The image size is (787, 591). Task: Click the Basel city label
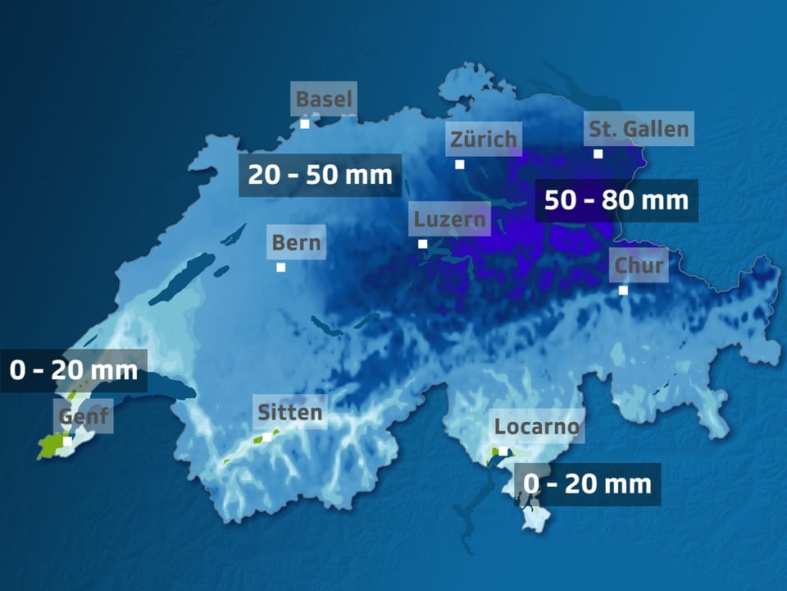click(x=324, y=100)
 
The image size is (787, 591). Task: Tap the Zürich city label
click(x=484, y=139)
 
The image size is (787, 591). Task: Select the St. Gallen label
click(x=639, y=129)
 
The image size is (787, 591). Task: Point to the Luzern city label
click(x=450, y=219)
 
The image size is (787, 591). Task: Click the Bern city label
click(x=296, y=243)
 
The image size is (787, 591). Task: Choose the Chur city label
click(x=638, y=265)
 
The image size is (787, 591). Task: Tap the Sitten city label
click(x=289, y=411)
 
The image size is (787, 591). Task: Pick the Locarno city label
click(x=537, y=427)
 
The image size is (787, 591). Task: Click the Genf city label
click(x=82, y=418)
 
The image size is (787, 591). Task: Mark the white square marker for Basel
click(x=305, y=124)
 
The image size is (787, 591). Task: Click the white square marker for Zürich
click(x=460, y=164)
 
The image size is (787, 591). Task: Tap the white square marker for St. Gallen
click(x=598, y=153)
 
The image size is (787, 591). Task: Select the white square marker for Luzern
click(x=423, y=244)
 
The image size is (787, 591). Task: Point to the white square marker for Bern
click(x=281, y=267)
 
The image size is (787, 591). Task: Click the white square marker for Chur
click(x=623, y=290)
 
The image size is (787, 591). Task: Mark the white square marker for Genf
click(x=68, y=441)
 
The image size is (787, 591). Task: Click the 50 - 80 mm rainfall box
click(x=616, y=200)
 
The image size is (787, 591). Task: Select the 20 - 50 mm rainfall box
click(x=321, y=175)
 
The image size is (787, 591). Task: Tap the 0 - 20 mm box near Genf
click(x=74, y=370)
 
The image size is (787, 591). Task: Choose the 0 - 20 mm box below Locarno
click(x=587, y=484)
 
